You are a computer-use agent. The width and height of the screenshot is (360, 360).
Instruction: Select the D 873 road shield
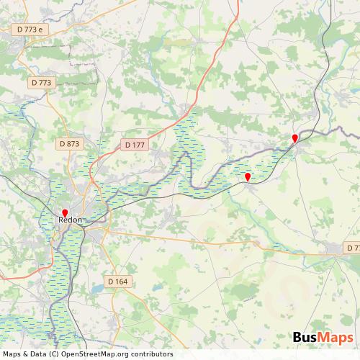tap(69, 144)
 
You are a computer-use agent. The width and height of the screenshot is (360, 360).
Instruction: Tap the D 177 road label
tap(135, 145)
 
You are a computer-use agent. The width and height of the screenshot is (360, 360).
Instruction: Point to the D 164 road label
tap(116, 281)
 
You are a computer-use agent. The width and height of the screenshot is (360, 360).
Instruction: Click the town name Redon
tap(70, 220)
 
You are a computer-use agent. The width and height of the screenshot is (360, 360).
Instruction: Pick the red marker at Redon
tap(65, 212)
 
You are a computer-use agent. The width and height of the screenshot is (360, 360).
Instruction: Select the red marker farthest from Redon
tap(294, 138)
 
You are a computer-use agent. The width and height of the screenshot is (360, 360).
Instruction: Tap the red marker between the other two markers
tap(248, 176)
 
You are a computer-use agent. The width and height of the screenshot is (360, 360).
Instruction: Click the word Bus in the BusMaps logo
tap(307, 338)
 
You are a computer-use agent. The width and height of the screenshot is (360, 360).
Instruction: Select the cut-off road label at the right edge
tap(352, 248)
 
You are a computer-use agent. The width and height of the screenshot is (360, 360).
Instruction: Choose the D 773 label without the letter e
tap(42, 83)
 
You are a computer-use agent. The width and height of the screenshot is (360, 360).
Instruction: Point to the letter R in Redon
tap(60, 220)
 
